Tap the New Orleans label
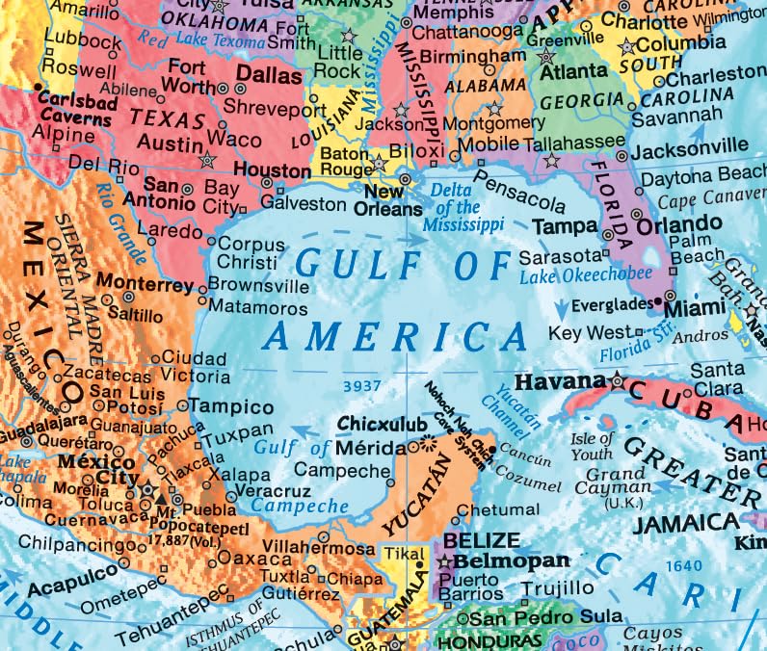pos(383,200)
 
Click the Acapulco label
pos(66,589)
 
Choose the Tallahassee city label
pos(575,142)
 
